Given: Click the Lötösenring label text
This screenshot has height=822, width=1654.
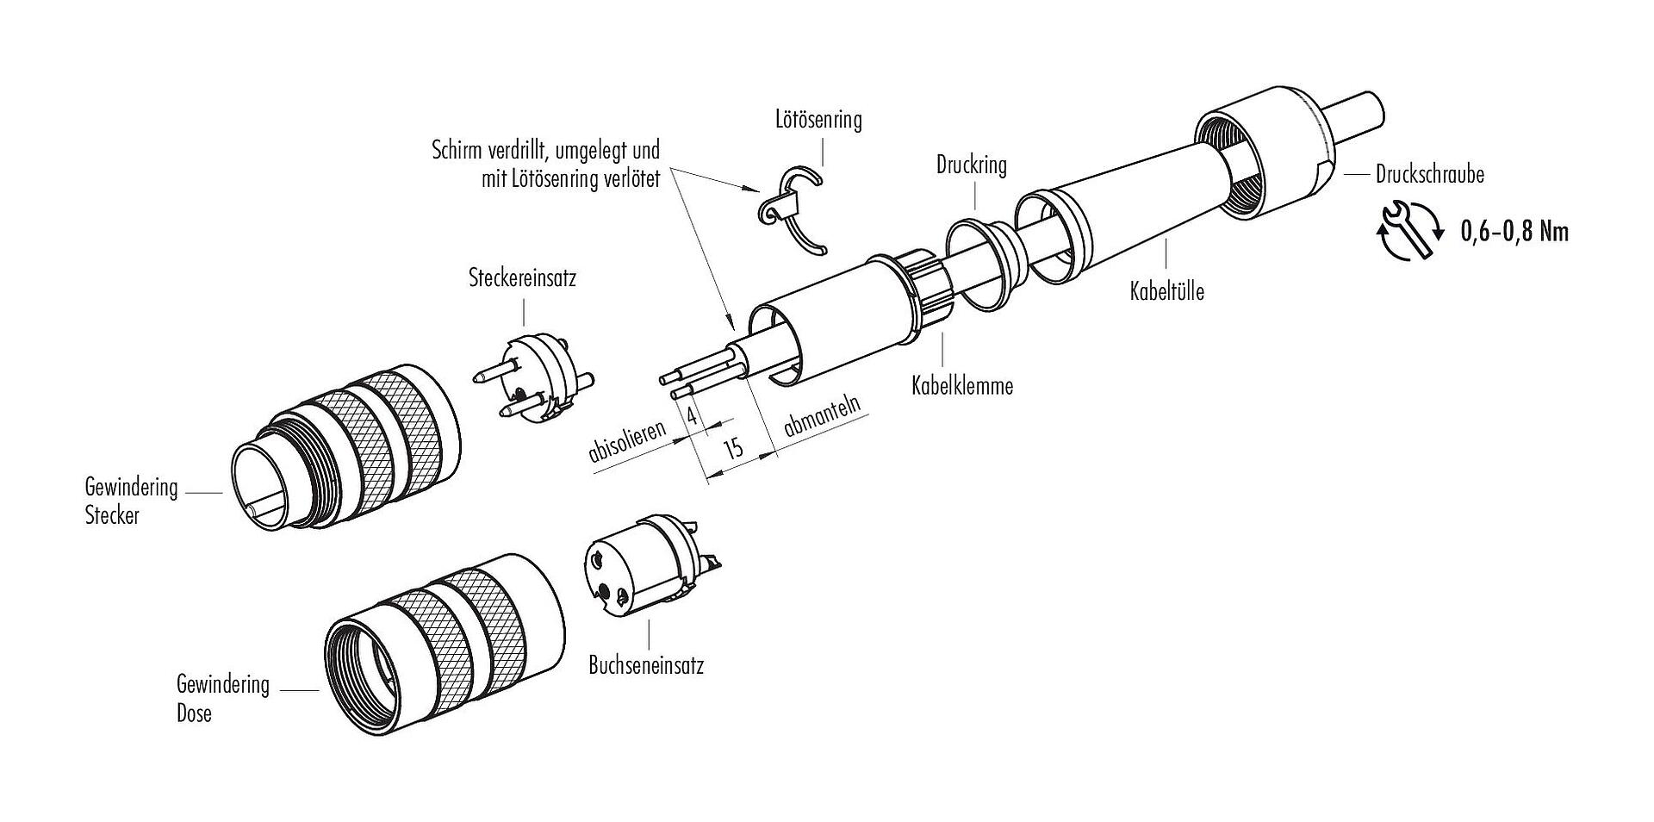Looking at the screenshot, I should (818, 119).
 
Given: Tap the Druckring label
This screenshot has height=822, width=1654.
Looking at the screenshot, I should (971, 165).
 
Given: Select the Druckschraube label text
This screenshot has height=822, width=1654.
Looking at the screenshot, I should (1429, 174).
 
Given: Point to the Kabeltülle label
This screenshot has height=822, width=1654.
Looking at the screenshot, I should (1166, 291).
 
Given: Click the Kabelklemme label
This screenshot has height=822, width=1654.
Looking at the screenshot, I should (962, 385).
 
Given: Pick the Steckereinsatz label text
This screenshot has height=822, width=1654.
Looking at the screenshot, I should (522, 278).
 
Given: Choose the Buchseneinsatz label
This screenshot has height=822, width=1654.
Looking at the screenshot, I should (646, 665).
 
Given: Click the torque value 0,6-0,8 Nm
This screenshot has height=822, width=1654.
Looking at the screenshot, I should (1514, 231).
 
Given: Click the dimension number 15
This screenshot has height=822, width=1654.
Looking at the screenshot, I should (732, 448).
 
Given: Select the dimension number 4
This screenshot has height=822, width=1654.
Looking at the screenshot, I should (692, 415).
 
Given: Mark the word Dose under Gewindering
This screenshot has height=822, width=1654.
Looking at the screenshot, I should (194, 713).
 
